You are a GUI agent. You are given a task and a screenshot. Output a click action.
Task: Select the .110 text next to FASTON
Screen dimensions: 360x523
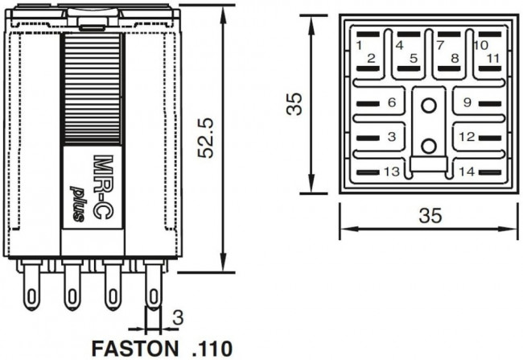pyautogui.click(x=212, y=349)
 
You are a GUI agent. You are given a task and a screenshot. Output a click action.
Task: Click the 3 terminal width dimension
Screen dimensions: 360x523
pyautogui.click(x=177, y=316)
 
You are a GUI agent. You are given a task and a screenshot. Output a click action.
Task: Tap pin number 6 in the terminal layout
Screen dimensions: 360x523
pyautogui.click(x=392, y=102)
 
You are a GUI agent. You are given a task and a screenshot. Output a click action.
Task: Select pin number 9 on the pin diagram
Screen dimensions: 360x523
pyautogui.click(x=466, y=102)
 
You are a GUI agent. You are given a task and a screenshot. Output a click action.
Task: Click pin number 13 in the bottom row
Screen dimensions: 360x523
pyautogui.click(x=392, y=172)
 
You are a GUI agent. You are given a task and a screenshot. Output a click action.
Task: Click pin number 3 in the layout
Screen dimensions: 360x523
pyautogui.click(x=392, y=137)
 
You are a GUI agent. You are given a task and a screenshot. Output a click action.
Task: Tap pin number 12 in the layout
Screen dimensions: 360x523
pyautogui.click(x=467, y=137)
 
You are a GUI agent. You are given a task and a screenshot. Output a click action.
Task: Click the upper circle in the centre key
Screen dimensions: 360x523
pyautogui.click(x=429, y=104)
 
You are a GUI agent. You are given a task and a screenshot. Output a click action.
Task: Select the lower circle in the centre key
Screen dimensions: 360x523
pyautogui.click(x=429, y=145)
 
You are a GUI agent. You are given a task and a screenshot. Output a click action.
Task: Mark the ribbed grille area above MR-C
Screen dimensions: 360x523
pyautogui.click(x=93, y=89)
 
